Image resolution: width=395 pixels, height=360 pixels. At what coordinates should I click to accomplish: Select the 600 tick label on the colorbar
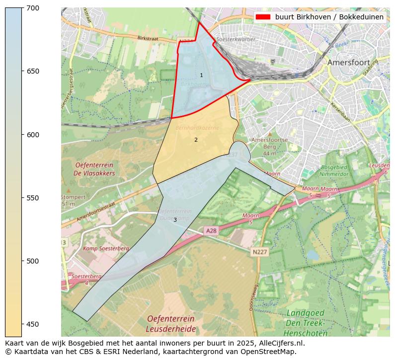point(33,135)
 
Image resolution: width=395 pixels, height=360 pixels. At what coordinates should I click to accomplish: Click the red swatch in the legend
point(263,17)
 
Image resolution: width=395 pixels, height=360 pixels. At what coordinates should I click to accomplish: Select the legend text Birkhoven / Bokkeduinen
point(329,17)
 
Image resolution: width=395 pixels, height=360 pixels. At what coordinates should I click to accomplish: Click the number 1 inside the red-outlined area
point(201,75)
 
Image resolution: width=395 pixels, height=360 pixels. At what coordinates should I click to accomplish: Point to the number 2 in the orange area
point(196,140)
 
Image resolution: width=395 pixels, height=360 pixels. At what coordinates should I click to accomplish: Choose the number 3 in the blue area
point(175,220)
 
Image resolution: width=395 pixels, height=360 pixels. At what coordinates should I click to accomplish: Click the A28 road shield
point(211,231)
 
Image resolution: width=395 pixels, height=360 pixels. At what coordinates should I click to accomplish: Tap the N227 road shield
point(259,252)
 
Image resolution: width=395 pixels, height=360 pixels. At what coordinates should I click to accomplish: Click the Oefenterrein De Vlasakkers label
point(94,169)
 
